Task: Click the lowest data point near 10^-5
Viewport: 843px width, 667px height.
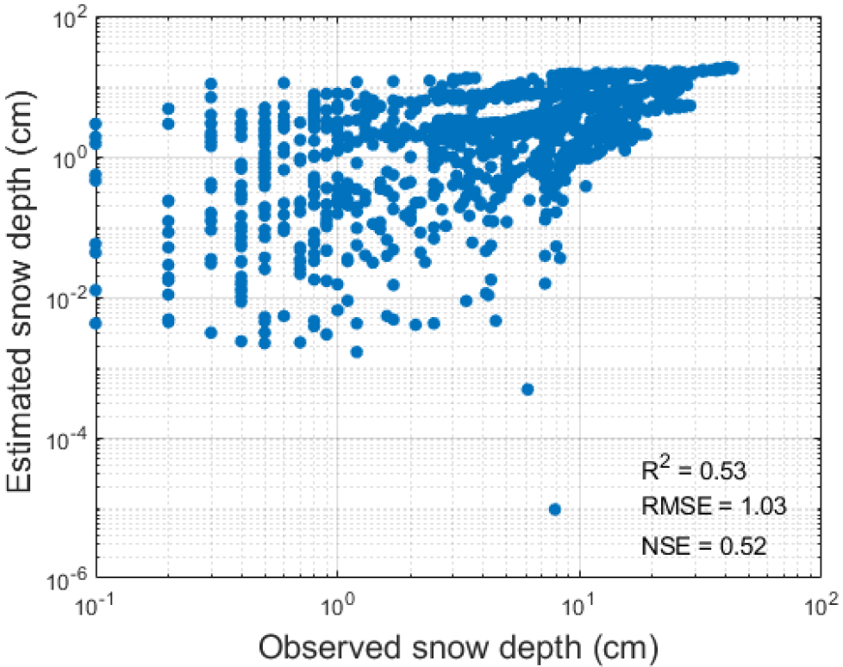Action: pos(554,509)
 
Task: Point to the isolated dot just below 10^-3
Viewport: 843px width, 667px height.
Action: pos(528,390)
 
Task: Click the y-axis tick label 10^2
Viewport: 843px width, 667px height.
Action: pos(70,19)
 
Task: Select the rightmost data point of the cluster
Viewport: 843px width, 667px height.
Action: pos(733,67)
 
